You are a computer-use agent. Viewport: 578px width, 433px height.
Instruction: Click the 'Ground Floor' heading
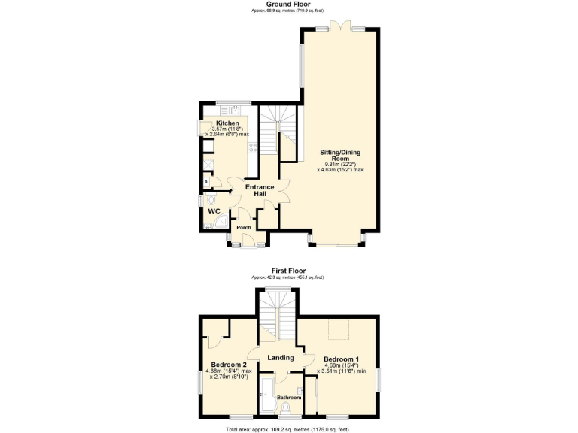pos(288,4)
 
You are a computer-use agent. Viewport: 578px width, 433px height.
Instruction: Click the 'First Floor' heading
pos(288,271)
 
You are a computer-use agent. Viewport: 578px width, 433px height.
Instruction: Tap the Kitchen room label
pos(227,123)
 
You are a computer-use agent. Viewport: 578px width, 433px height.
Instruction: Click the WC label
pos(213,211)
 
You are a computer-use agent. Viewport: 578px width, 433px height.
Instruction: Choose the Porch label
pos(243,227)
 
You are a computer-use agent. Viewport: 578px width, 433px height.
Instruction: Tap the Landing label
pos(280,357)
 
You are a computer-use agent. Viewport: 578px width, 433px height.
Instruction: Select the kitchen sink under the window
pos(234,110)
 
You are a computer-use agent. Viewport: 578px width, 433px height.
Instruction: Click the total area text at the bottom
pos(288,428)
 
